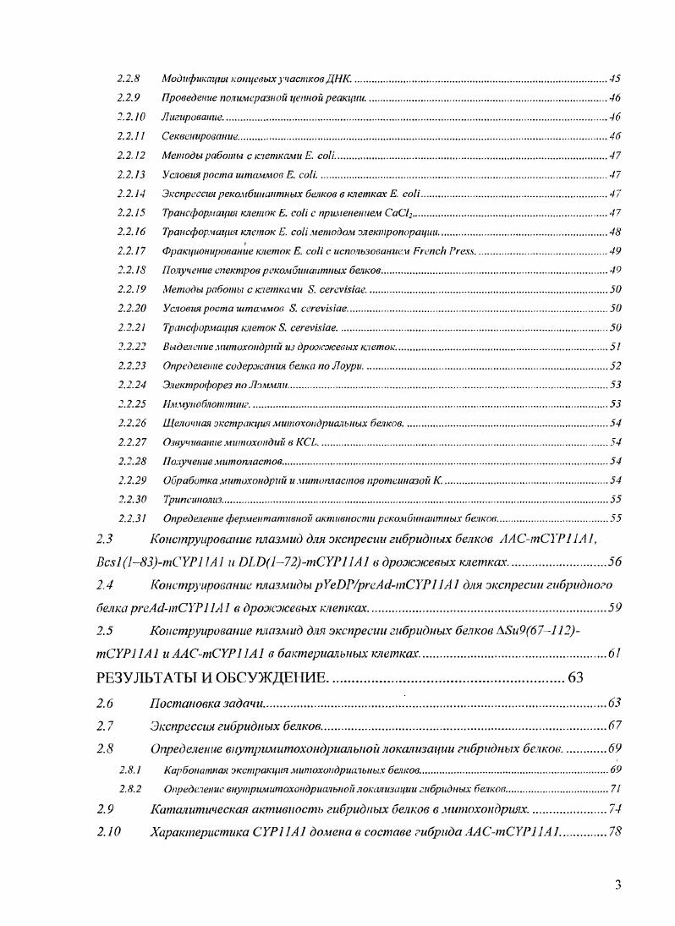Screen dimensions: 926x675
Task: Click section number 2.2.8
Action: (129, 79)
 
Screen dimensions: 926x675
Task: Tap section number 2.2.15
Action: (132, 212)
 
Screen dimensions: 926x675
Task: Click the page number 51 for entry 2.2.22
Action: (615, 347)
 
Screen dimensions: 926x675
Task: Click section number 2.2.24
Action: (132, 385)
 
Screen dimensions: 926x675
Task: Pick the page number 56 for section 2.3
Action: (613, 562)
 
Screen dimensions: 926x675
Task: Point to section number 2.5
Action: (105, 631)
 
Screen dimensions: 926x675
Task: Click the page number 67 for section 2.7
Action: (614, 726)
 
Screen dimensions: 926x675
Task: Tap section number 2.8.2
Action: (129, 788)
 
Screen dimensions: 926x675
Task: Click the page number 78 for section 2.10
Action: (614, 832)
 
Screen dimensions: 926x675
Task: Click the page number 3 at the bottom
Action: (618, 885)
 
